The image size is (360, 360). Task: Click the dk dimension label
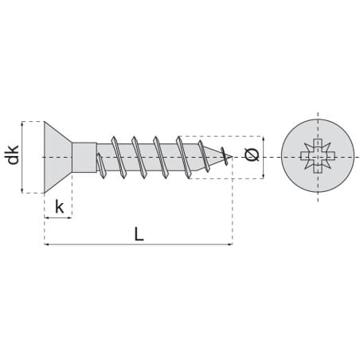coord(12,155)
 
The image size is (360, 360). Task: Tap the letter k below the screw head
coord(60,207)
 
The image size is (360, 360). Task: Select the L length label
coord(139,234)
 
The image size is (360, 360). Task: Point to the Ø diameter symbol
coord(252,155)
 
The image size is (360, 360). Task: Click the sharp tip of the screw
coord(233,157)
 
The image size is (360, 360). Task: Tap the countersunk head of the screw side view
coord(55,157)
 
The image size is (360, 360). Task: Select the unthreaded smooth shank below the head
coord(84,158)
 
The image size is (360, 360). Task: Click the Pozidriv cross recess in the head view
coord(318,156)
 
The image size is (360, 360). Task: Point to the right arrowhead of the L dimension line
coord(231,244)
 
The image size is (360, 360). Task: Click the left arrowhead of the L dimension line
coord(46,244)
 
